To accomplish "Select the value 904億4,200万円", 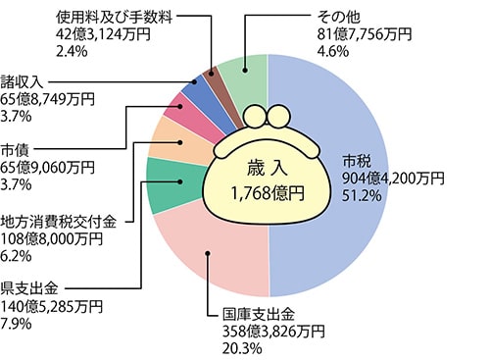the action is [393, 180].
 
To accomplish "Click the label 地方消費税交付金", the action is [58, 221].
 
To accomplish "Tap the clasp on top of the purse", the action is [268, 117].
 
